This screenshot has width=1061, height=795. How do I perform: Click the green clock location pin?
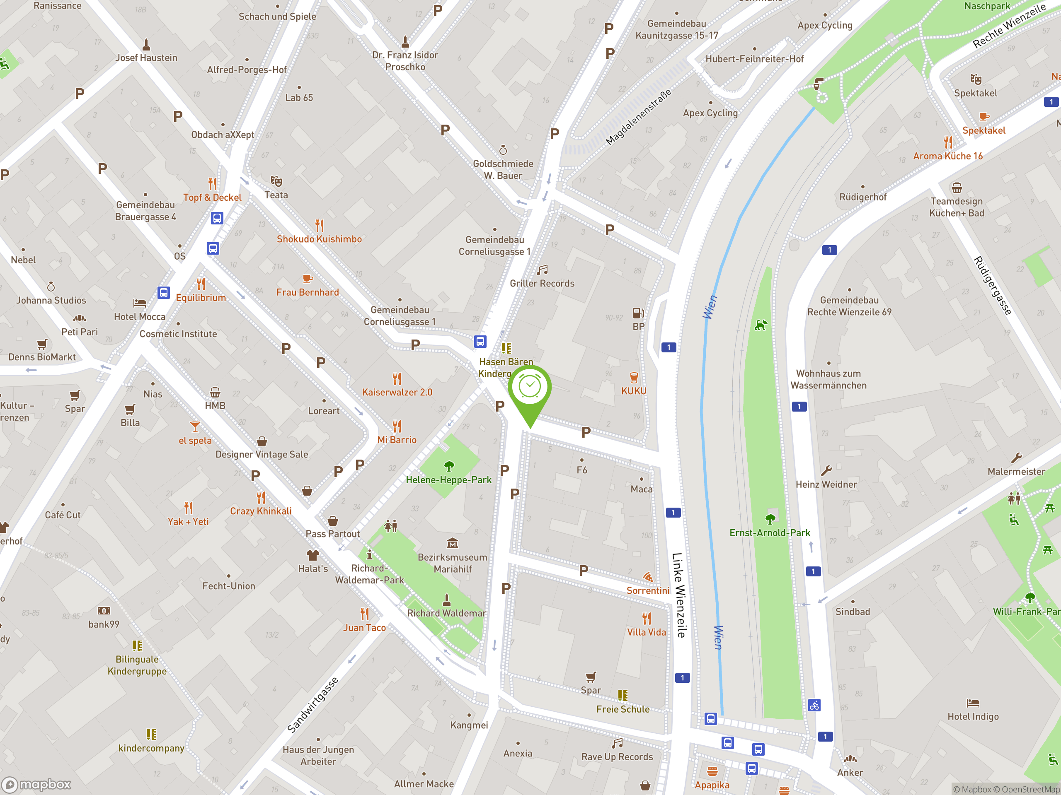click(530, 388)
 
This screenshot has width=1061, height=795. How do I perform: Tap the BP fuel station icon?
click(638, 313)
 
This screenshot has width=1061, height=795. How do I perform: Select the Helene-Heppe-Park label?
click(448, 479)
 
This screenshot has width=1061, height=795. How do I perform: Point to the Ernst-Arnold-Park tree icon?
click(770, 518)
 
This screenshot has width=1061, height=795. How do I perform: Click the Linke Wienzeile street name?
click(679, 595)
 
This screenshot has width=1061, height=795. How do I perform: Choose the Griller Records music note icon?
click(543, 270)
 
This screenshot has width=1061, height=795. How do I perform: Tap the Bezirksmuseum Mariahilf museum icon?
click(452, 543)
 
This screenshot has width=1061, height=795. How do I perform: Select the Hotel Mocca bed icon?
click(140, 303)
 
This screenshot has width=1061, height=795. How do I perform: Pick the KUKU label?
click(634, 391)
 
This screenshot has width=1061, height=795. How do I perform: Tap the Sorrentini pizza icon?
click(647, 576)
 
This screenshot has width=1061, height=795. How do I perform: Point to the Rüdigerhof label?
click(862, 197)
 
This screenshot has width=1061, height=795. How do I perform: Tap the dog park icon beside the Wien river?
click(761, 325)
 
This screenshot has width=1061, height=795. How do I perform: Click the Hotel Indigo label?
click(973, 716)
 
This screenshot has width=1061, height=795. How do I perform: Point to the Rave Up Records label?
click(617, 756)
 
